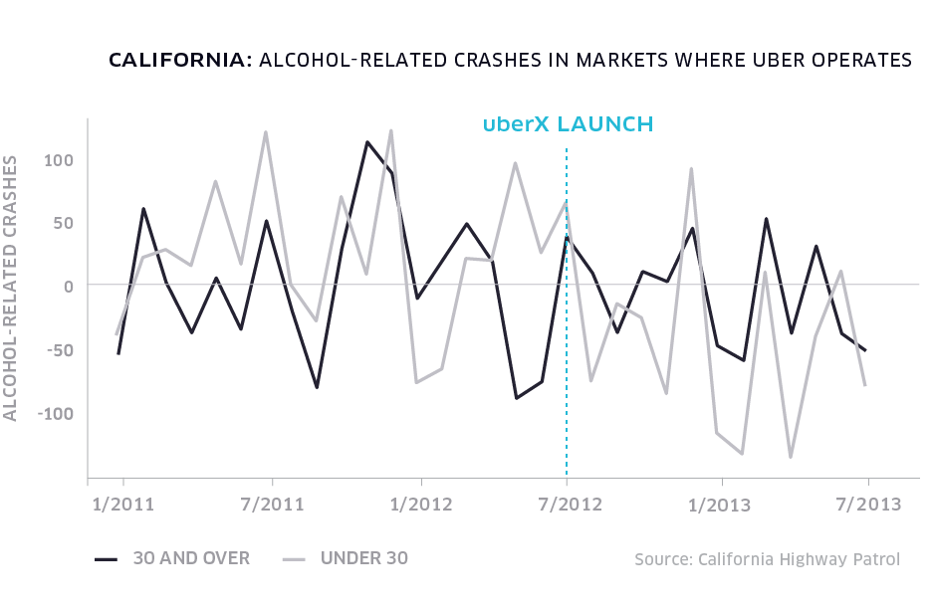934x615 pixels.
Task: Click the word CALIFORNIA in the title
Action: pos(179,61)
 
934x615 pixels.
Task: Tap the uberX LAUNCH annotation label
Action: pos(568,124)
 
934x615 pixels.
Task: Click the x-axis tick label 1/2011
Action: pos(122,505)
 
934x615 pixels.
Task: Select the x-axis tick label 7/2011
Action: pos(271,505)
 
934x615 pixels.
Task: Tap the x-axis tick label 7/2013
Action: pos(868,505)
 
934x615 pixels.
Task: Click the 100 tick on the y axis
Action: pos(60,159)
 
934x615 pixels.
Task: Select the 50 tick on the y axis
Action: pos(64,223)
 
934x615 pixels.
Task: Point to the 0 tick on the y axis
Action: pos(69,286)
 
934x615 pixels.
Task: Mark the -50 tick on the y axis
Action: pos(60,350)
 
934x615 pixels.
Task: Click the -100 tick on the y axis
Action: pos(56,413)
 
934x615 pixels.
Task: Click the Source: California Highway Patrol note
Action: pos(767,559)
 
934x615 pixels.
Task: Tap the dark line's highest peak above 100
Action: pos(367,142)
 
